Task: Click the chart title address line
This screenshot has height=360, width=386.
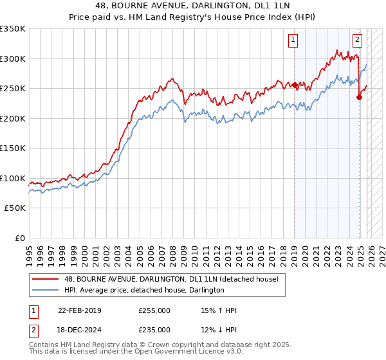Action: click(x=194, y=6)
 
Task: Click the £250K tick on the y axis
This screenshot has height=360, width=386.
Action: click(x=13, y=88)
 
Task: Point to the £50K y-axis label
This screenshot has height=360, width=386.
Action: click(x=15, y=208)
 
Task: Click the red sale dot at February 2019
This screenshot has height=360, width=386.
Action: click(x=295, y=85)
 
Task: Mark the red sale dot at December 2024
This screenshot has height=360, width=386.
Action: click(x=359, y=97)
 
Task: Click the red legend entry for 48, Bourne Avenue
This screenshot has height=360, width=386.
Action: click(x=171, y=279)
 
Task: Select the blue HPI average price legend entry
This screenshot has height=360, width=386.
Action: click(x=144, y=291)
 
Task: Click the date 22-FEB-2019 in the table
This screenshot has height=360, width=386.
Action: click(x=80, y=310)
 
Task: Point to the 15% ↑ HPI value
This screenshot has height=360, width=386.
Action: click(x=219, y=310)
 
